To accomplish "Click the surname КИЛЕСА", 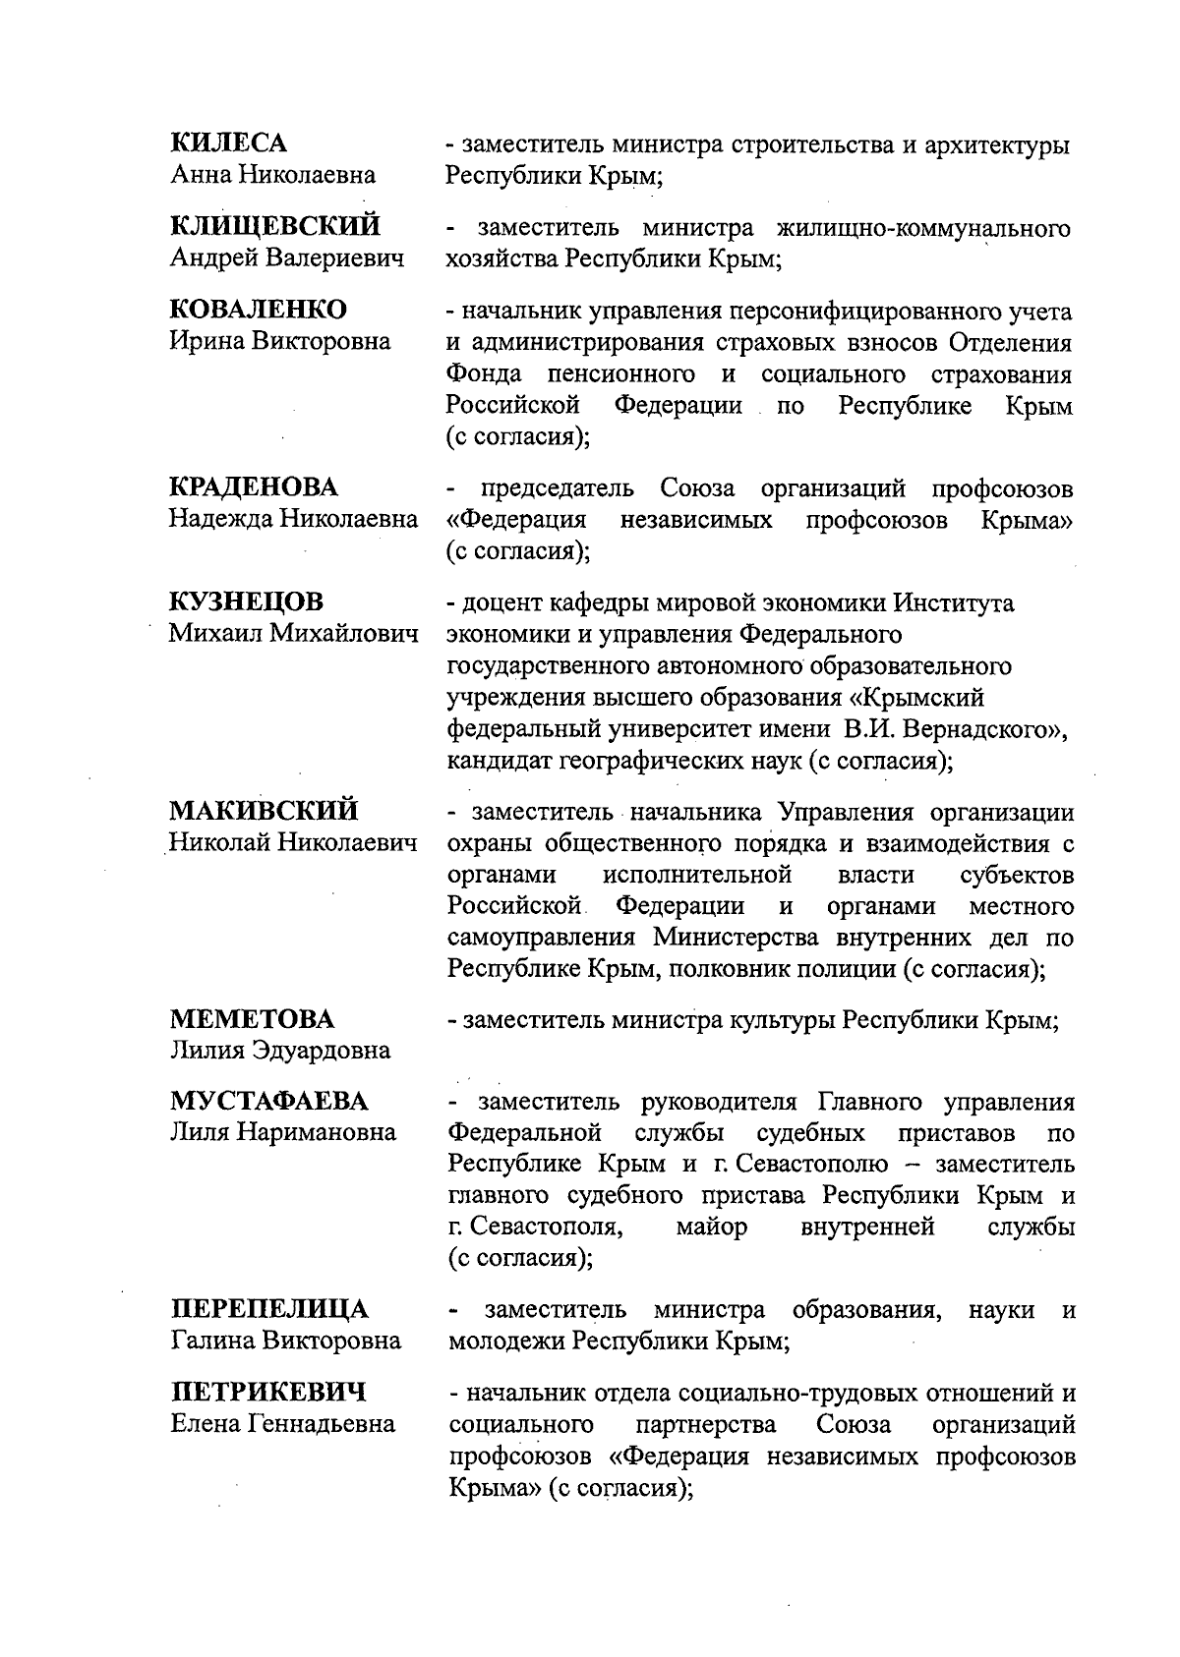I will click(229, 143).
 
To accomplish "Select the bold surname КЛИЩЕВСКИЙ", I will click(275, 227).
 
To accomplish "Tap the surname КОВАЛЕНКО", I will click(259, 311).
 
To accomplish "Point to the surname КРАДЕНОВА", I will click(254, 487).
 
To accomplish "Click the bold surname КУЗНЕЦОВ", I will click(247, 601).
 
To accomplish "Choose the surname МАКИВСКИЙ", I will click(264, 812).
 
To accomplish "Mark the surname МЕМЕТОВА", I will click(252, 1019).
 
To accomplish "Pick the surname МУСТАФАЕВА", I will click(270, 1102).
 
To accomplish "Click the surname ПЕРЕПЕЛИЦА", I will click(270, 1310).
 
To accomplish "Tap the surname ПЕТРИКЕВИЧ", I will click(268, 1393).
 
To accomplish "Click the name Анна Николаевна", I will click(272, 176).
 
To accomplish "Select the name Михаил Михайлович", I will click(293, 634).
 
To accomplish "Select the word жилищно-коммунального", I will click(924, 229).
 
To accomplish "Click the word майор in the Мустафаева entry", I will click(712, 1227).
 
